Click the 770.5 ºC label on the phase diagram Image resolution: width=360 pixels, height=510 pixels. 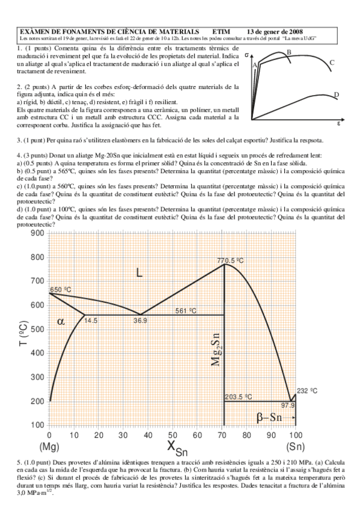click(230, 260)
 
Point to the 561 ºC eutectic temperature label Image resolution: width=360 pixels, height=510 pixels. click(187, 310)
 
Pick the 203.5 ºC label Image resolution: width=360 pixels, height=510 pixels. click(239, 397)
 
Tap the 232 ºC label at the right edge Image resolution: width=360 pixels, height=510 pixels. click(307, 391)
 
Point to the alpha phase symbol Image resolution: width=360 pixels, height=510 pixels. click(61, 321)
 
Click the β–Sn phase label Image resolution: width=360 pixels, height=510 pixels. click(270, 416)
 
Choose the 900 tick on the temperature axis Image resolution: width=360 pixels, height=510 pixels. click(36, 233)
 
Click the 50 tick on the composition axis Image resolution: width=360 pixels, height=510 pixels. click(171, 434)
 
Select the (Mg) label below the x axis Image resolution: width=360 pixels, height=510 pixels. click(48, 447)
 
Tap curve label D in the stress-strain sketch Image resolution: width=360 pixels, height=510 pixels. click(336, 95)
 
